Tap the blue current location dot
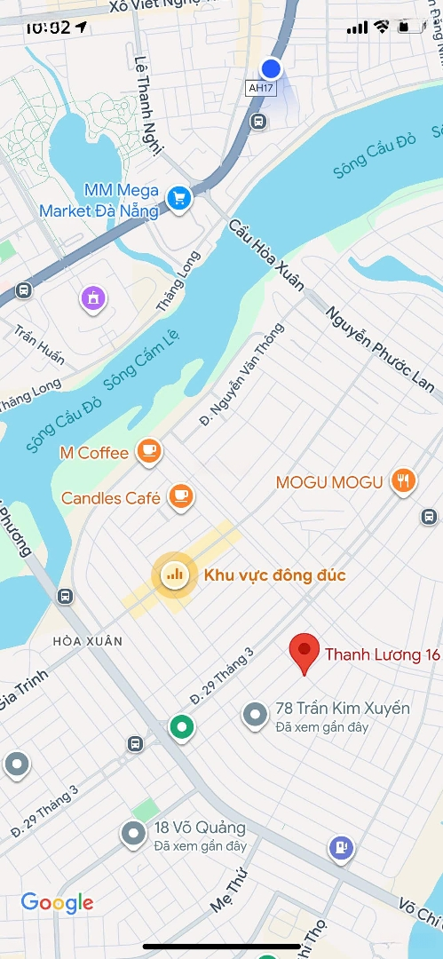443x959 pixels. coord(272,68)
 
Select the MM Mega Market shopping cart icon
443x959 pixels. coord(180,198)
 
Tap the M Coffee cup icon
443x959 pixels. coord(149,452)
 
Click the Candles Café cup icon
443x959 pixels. coord(181,496)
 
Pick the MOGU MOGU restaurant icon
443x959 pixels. coord(404,481)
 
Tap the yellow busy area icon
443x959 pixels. coord(174,575)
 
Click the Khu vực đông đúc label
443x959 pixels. coord(274,575)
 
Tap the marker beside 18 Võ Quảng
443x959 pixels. coord(133,833)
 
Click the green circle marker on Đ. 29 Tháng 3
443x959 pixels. coord(182,727)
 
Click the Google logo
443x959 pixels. coord(57,903)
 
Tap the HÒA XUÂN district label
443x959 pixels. coord(87,640)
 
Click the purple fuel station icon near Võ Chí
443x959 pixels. coord(340,848)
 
